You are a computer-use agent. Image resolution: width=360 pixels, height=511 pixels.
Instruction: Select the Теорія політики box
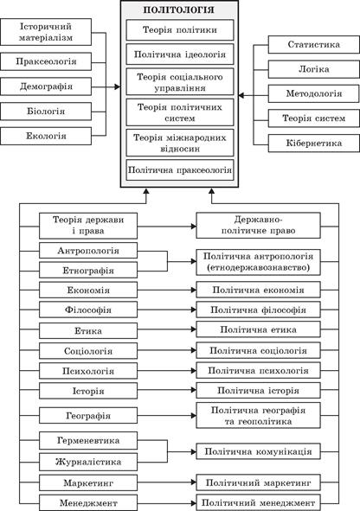pyautogui.click(x=179, y=31)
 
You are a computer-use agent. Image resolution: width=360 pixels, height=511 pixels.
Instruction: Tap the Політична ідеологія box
pyautogui.click(x=179, y=54)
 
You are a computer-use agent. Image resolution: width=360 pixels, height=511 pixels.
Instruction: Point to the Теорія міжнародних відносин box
pyautogui.click(x=179, y=139)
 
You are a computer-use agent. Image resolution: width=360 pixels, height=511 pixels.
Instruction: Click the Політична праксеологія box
pyautogui.click(x=179, y=169)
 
